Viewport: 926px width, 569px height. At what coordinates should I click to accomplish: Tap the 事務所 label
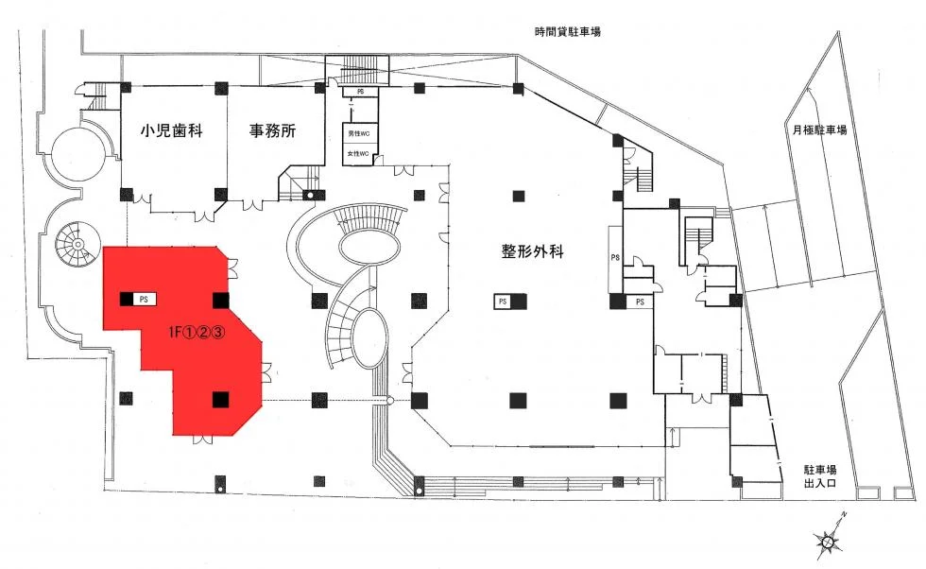(272, 131)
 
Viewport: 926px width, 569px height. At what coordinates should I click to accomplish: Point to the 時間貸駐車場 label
(567, 32)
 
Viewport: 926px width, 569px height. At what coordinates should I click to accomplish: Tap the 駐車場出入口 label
(818, 475)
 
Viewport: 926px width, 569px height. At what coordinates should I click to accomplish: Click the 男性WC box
(359, 135)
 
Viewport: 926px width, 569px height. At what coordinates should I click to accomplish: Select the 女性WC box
(359, 154)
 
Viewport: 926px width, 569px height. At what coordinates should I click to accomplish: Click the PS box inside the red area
(146, 299)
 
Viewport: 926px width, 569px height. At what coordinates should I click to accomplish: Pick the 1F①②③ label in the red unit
(195, 332)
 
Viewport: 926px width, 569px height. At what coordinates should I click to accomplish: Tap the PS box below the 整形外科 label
(503, 301)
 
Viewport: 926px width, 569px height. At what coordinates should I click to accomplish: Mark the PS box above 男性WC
(360, 92)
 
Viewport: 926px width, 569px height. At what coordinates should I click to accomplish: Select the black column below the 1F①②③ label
(219, 399)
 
